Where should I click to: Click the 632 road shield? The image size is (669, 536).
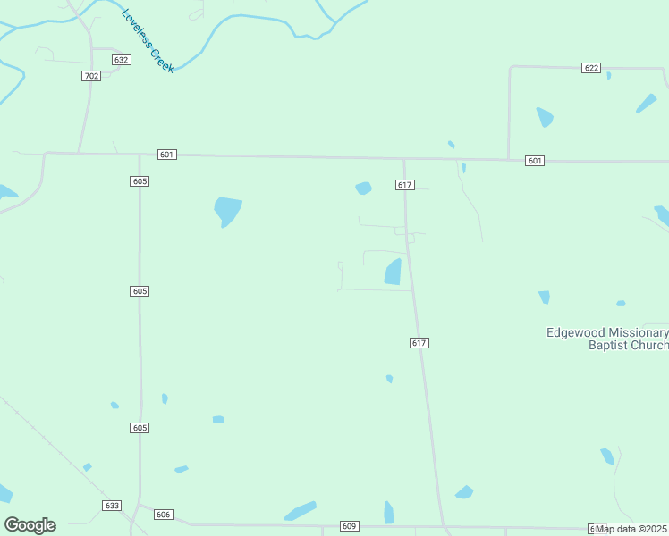(122, 60)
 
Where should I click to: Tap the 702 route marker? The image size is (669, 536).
(90, 76)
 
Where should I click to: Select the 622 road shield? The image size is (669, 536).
(590, 68)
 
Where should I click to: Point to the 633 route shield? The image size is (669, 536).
(112, 506)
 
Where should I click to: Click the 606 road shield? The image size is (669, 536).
(163, 515)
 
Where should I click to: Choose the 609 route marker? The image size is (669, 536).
(349, 526)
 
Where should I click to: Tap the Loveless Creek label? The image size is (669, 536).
(148, 41)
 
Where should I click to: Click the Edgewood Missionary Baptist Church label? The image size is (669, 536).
(608, 339)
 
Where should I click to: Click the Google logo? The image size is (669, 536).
(30, 524)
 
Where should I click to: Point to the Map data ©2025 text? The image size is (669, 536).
(631, 529)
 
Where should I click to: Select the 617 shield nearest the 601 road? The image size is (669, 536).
(404, 185)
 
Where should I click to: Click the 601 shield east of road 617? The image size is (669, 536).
(535, 161)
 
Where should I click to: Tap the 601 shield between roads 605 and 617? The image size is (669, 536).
(166, 155)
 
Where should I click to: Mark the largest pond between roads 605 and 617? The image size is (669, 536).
(227, 211)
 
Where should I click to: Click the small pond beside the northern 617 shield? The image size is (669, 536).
(363, 188)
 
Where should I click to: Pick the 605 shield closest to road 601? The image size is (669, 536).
(139, 181)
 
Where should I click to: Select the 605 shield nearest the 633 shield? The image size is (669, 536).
(139, 429)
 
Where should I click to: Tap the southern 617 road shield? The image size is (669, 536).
(419, 343)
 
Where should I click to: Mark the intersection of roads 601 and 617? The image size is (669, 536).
(404, 159)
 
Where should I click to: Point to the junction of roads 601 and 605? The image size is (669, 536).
(139, 154)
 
